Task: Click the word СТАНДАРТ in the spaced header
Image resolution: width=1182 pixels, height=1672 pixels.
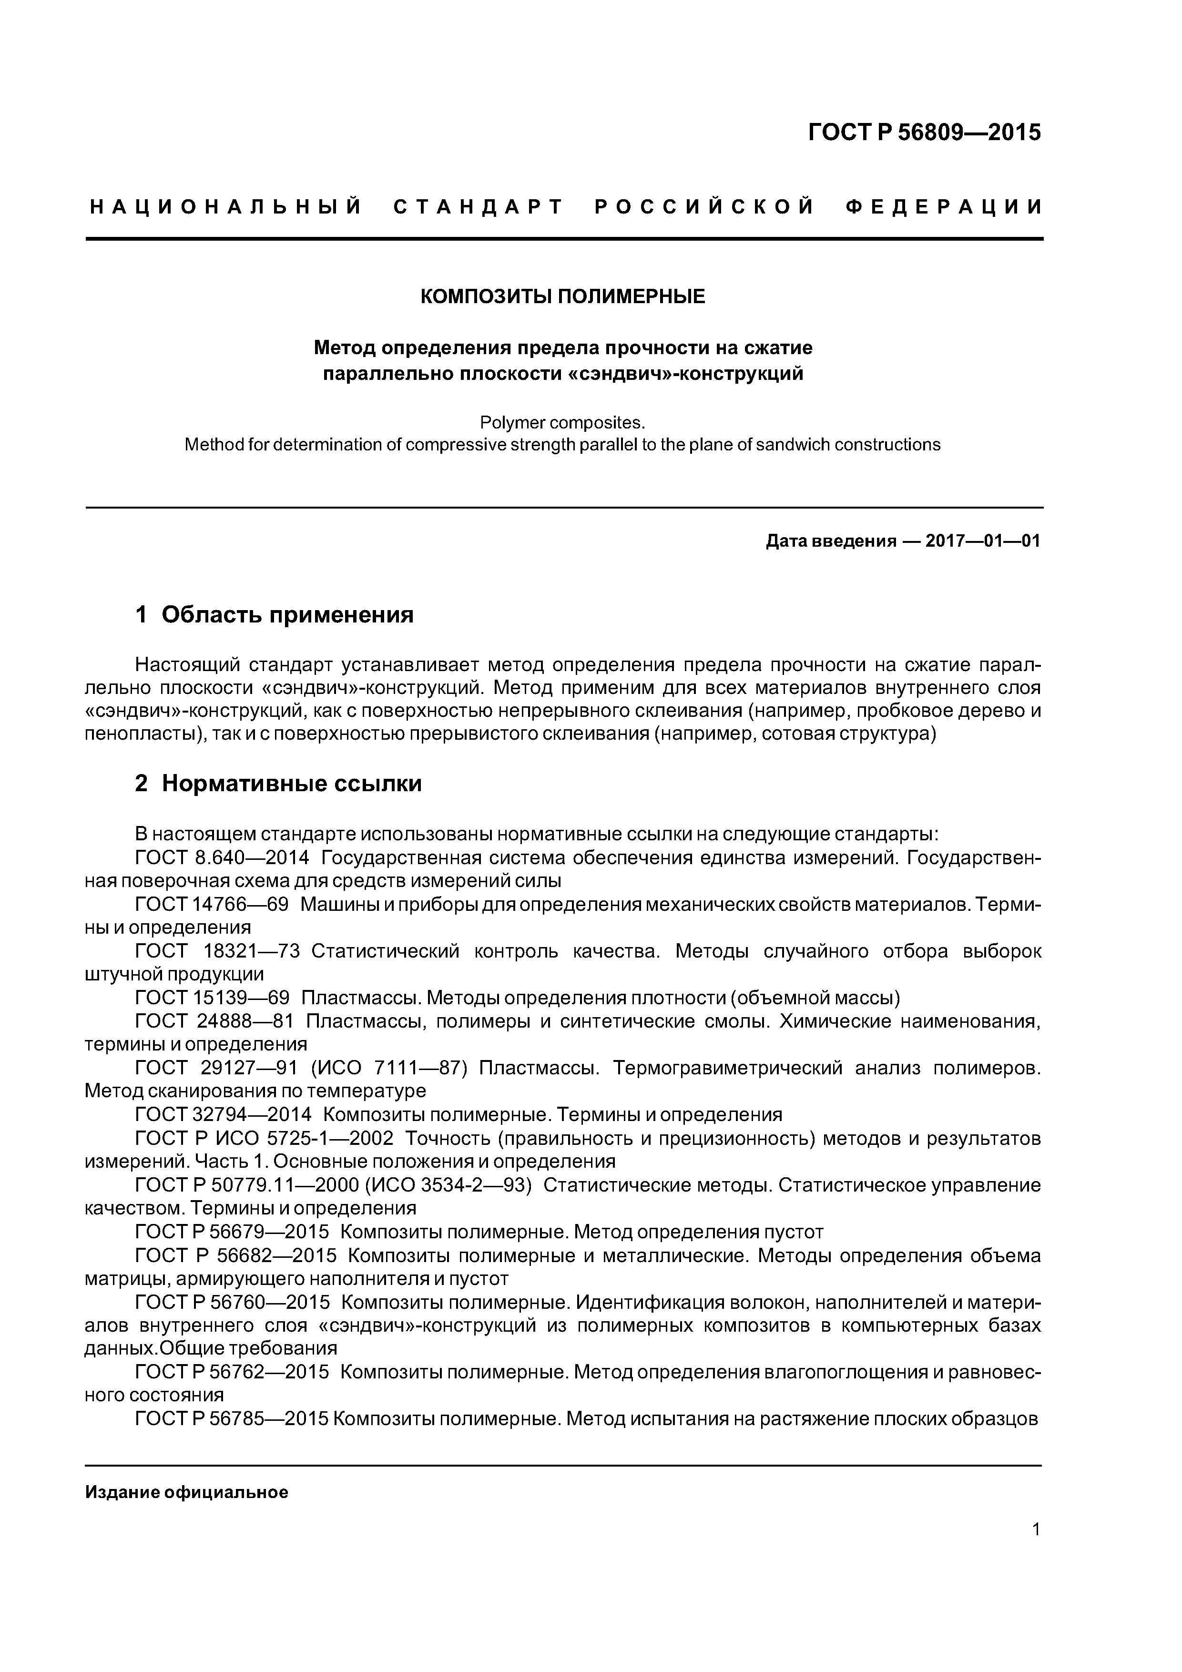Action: (x=479, y=207)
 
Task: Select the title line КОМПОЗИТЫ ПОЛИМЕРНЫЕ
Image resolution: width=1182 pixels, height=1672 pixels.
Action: (x=563, y=297)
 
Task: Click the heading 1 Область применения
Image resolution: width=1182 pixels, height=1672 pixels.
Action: (x=275, y=615)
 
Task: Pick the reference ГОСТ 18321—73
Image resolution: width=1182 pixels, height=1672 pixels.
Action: (x=218, y=951)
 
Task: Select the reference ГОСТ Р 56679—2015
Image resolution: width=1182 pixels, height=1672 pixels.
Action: (x=232, y=1232)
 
